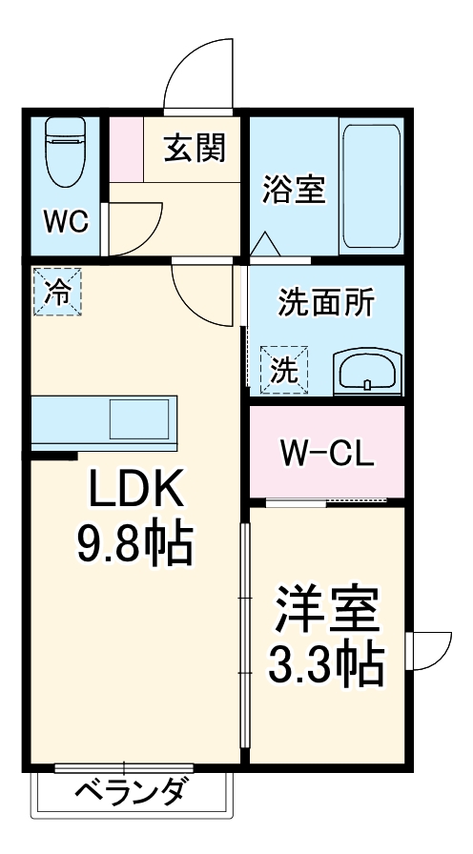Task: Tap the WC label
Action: pos(65,222)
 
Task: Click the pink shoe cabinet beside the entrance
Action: pos(125,149)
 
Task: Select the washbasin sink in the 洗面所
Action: pos(368,371)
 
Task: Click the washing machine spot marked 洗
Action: pos(284,367)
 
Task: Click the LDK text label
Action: pos(134,493)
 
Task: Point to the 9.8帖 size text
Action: pos(134,546)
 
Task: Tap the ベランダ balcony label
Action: pos(132,792)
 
